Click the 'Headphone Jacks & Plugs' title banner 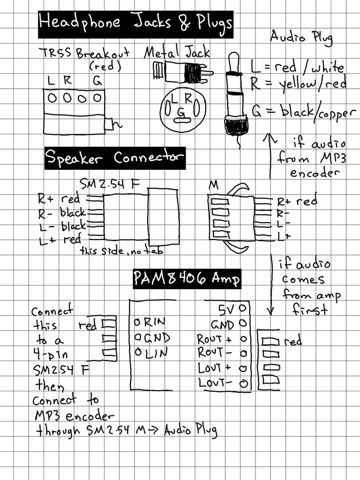click(135, 25)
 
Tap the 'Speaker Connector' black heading click(115, 158)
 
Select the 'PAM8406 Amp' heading click(187, 278)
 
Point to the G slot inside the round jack click(182, 119)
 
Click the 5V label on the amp click(226, 310)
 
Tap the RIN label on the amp click(154, 322)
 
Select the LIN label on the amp click(156, 353)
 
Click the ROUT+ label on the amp click(214, 339)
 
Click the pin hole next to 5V click(243, 308)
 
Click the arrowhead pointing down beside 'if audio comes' click(270, 311)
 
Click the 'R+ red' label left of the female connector click(59, 198)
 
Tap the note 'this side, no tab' click(122, 251)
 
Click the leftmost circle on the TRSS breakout click(52, 98)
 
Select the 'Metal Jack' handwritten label click(177, 52)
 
